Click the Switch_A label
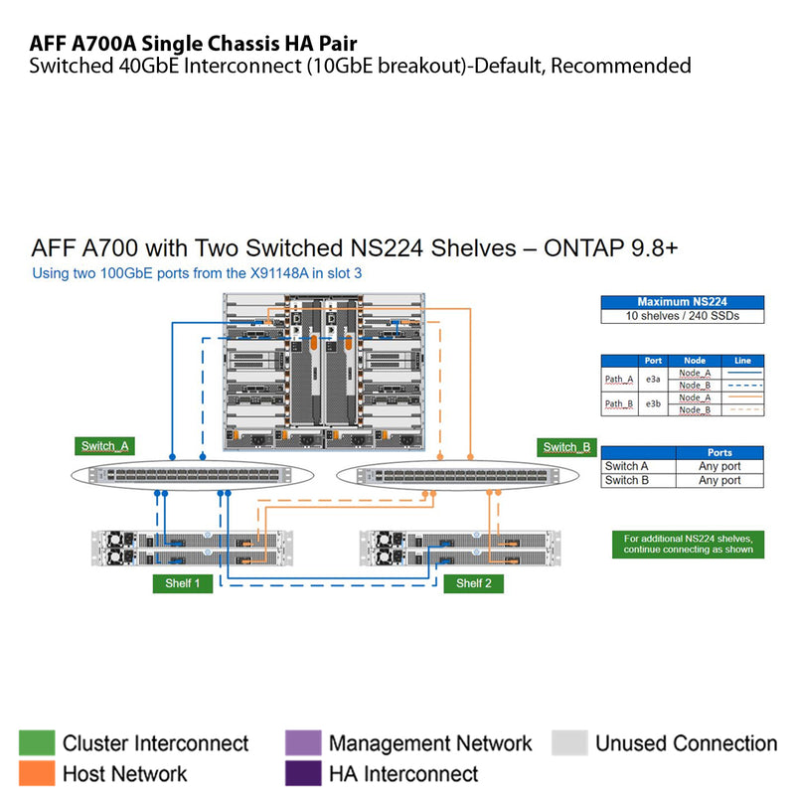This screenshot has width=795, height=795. tap(104, 446)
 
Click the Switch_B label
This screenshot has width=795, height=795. tap(565, 446)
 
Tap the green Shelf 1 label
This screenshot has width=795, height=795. tap(183, 583)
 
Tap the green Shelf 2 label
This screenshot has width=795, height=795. tap(473, 583)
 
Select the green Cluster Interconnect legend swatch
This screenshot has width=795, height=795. tap(37, 743)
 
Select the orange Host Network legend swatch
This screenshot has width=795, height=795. tap(37, 773)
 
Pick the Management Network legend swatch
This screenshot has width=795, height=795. tap(303, 743)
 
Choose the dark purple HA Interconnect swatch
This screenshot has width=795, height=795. tap(303, 773)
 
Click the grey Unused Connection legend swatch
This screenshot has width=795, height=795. tap(569, 743)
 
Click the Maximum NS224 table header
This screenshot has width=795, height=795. tap(683, 302)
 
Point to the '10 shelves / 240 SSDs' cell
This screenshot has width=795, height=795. tap(683, 316)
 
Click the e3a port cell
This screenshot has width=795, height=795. tap(653, 379)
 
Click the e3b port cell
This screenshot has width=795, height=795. tap(653, 403)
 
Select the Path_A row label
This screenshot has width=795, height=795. tap(619, 379)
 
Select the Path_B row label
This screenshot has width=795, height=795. tap(619, 403)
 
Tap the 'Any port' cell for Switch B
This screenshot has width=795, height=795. tap(719, 480)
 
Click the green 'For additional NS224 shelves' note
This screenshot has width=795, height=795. tap(689, 544)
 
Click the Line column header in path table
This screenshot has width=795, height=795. tap(742, 361)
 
